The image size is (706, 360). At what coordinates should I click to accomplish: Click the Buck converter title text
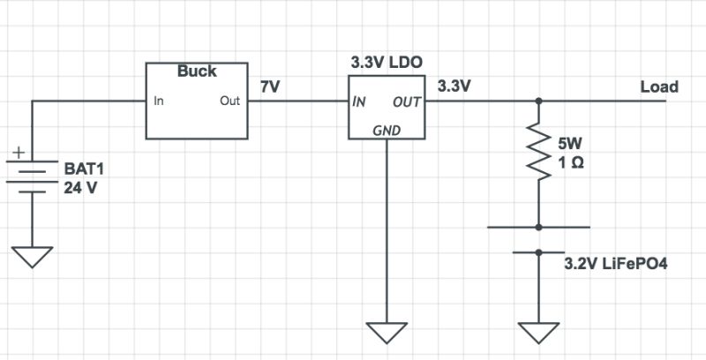(x=197, y=71)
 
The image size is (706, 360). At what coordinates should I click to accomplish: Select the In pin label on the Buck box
(x=159, y=101)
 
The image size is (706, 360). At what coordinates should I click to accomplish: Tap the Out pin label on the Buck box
(x=229, y=101)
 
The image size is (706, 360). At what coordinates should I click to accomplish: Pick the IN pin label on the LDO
(x=360, y=101)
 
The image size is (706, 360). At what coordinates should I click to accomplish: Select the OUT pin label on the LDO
(x=408, y=101)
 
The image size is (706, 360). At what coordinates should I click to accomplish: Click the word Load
(x=659, y=86)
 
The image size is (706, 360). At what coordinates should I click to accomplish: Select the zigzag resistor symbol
(x=537, y=153)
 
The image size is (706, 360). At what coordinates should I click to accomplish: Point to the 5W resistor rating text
(x=570, y=142)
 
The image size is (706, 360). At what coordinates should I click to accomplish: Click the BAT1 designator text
(x=83, y=168)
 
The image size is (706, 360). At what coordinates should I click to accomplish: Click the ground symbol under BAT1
(x=33, y=255)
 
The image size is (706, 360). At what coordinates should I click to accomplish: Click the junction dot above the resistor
(x=537, y=101)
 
